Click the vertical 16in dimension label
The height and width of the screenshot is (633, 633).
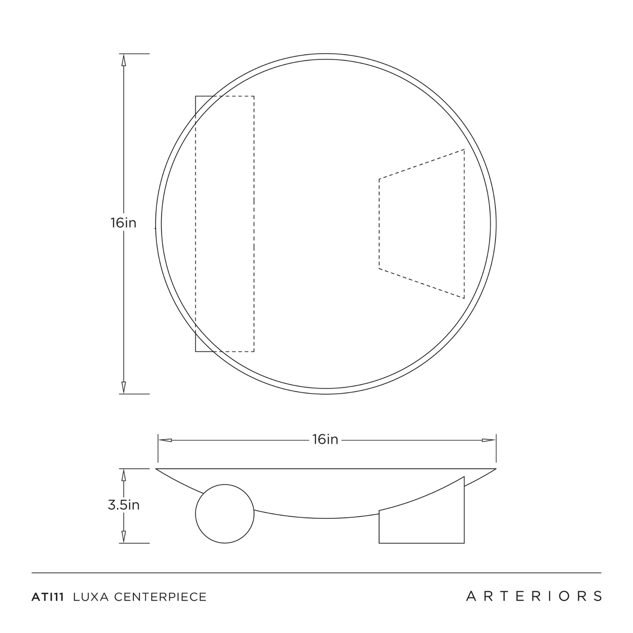[124, 223]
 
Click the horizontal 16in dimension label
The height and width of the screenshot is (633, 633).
[325, 440]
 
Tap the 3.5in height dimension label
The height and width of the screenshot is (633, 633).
[124, 505]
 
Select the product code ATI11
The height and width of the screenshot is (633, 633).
[48, 597]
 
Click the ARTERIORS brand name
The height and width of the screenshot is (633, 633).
[534, 595]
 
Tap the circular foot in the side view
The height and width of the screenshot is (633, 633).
[225, 514]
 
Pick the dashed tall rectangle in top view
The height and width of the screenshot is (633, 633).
[225, 224]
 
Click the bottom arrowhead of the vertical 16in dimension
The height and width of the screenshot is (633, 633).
[124, 388]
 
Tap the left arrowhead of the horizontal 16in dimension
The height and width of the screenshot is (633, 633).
[165, 440]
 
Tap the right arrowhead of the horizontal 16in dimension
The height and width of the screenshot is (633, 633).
[489, 440]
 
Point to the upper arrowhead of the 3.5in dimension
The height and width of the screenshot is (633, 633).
[124, 474]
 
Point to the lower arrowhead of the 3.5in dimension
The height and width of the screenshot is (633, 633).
[124, 537]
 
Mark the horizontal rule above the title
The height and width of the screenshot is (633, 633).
[316, 573]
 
